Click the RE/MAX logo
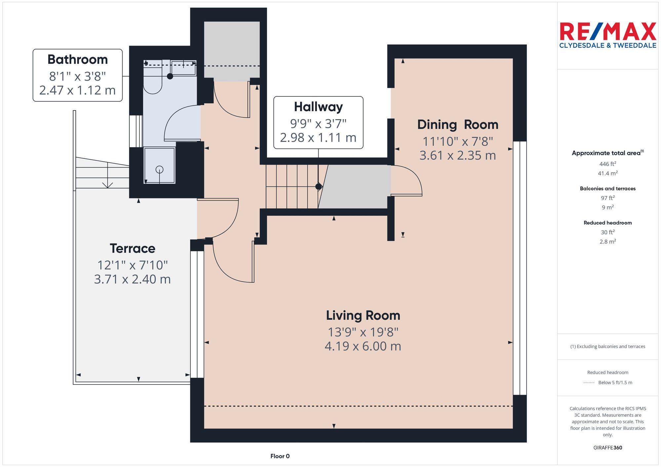[607, 35]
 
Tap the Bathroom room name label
[78, 60]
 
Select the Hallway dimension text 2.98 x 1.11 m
[318, 138]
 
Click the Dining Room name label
[457, 125]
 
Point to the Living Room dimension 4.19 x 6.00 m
[363, 346]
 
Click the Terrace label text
[132, 249]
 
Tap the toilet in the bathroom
[152, 84]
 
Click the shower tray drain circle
[160, 169]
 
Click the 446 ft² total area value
[607, 164]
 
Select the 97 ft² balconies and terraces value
[607, 198]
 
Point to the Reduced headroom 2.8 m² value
[607, 242]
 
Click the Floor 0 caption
[280, 456]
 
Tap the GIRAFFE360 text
[607, 448]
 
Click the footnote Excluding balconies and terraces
[607, 347]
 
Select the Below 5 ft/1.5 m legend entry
[615, 383]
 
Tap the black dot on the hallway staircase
[318, 186]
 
